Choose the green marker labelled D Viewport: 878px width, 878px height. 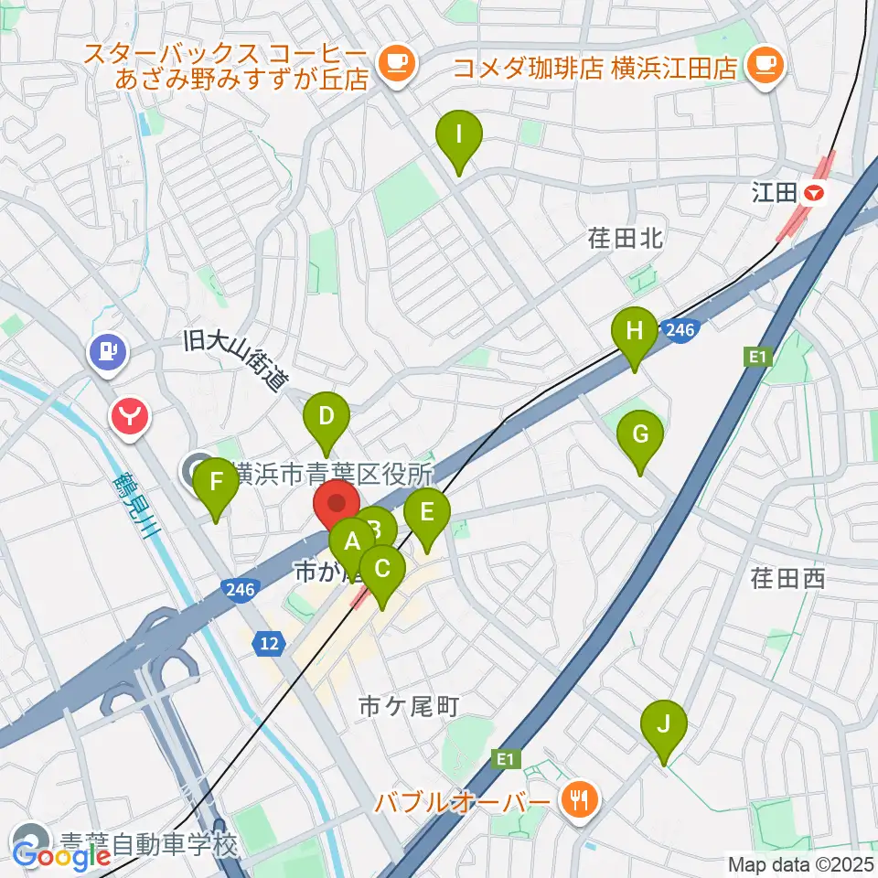click(327, 421)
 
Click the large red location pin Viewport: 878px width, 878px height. click(337, 506)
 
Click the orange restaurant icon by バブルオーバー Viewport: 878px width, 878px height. click(579, 802)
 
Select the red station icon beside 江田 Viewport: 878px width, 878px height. click(813, 193)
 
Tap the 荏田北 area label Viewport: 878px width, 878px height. click(626, 240)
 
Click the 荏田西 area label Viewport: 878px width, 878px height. click(787, 578)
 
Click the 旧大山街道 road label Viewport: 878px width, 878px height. click(235, 359)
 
